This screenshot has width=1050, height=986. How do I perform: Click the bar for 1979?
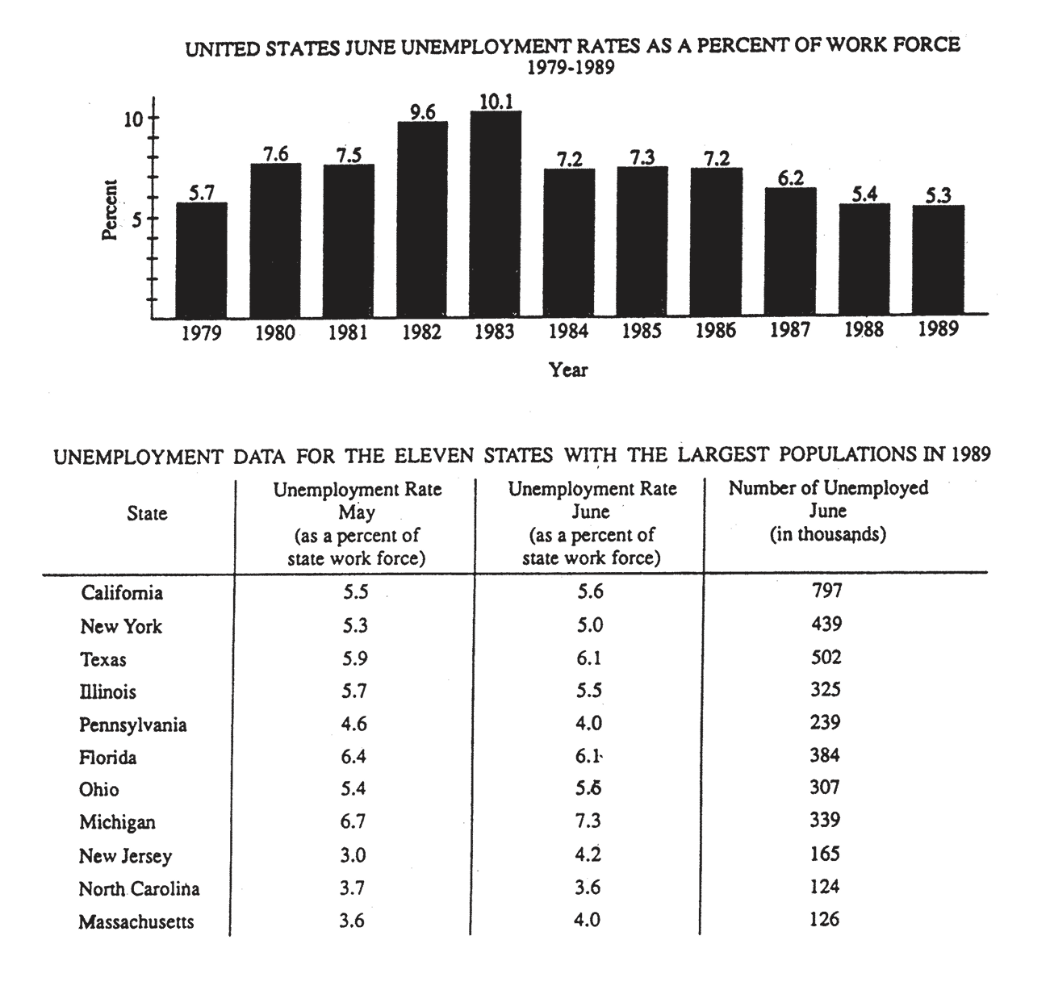pyautogui.click(x=201, y=260)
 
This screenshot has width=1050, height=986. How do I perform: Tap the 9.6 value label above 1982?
pyautogui.click(x=422, y=113)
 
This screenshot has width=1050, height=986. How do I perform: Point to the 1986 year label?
pyautogui.click(x=716, y=330)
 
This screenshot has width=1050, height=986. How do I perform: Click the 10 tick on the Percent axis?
pyautogui.click(x=132, y=119)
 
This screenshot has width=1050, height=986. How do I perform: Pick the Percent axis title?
pyautogui.click(x=110, y=210)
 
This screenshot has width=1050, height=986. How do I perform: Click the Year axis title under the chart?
pyautogui.click(x=568, y=370)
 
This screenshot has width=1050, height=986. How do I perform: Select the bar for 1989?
pyautogui.click(x=939, y=261)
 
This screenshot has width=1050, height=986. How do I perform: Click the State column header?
pyautogui.click(x=147, y=513)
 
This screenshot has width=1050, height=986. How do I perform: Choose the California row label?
pyautogui.click(x=122, y=593)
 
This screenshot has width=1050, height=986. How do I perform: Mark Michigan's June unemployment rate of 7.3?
pyautogui.click(x=588, y=821)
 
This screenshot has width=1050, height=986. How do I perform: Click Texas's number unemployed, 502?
pyautogui.click(x=826, y=658)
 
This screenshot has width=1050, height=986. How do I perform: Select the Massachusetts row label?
pyautogui.click(x=136, y=921)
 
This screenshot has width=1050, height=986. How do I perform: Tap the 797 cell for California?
pyautogui.click(x=826, y=591)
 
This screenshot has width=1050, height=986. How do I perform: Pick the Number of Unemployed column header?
pyautogui.click(x=828, y=511)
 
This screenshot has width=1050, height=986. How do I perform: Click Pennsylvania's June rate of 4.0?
pyautogui.click(x=588, y=723)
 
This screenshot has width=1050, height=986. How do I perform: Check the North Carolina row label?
pyautogui.click(x=139, y=888)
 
